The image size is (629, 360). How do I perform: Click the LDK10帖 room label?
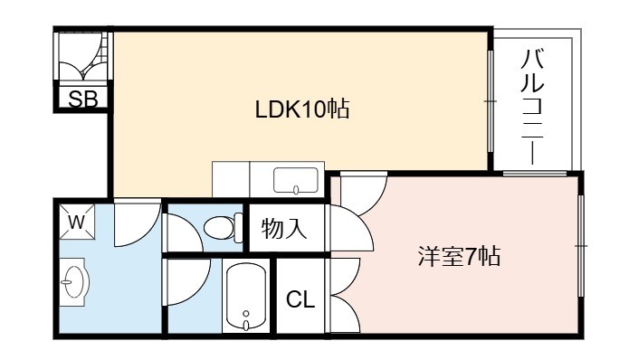click(302, 109)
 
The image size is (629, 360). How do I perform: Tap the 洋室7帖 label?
click(460, 256)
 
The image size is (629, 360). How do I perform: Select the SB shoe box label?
click(83, 99)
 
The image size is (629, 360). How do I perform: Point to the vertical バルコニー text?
click(532, 107)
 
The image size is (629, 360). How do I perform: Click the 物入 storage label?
click(284, 229)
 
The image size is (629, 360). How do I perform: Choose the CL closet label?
click(300, 299)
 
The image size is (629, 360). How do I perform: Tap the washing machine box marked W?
click(77, 222)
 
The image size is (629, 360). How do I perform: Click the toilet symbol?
click(223, 228)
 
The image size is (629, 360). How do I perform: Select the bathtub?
click(246, 296)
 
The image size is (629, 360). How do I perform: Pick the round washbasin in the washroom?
click(75, 281)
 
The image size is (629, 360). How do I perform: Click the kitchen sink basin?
click(296, 180)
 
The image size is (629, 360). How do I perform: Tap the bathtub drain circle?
click(246, 313)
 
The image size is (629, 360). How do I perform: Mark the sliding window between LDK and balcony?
click(491, 101)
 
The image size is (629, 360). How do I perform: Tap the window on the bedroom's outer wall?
click(580, 245)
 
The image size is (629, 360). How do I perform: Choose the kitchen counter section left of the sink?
click(231, 179)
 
